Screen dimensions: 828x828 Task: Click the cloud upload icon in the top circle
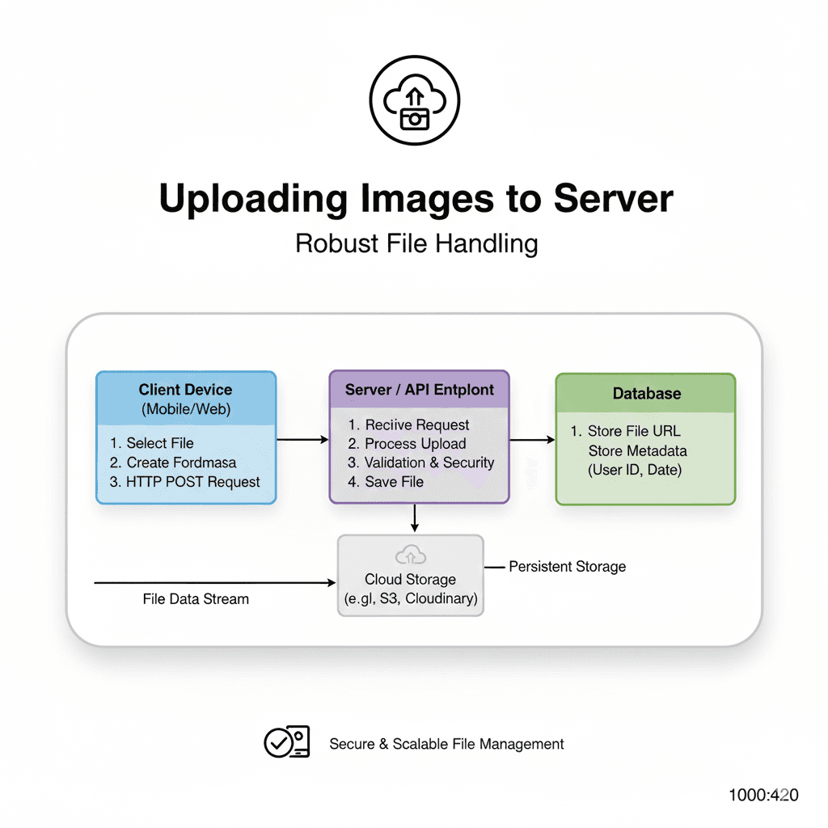[x=414, y=106]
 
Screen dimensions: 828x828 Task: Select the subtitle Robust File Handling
[x=416, y=243]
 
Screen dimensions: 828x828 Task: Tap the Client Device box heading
[x=185, y=390]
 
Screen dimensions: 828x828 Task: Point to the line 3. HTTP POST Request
[x=184, y=482]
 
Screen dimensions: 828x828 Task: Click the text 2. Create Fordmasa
[x=173, y=463]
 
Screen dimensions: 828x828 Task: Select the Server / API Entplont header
[x=419, y=389]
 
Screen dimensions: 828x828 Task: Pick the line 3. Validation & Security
[x=420, y=463]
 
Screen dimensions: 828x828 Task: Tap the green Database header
[x=646, y=394]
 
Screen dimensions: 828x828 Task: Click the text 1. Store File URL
[x=626, y=431]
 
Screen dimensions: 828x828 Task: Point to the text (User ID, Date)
[x=635, y=470]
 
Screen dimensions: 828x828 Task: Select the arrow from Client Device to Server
[x=302, y=440]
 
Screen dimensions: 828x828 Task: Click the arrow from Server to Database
[x=532, y=440]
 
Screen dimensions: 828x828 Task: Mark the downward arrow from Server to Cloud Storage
[x=414, y=518]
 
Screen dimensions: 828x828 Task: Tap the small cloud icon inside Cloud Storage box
[x=410, y=555]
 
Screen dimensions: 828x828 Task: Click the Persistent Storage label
[x=567, y=567]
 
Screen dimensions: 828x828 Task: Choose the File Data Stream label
[x=196, y=599]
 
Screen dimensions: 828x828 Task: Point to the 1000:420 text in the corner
[x=763, y=795]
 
